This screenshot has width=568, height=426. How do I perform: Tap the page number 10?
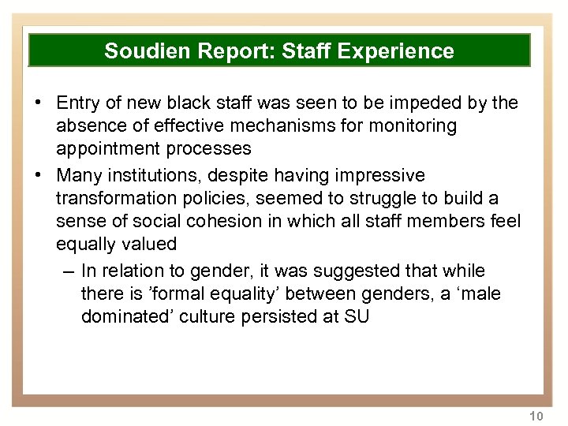pos(536,416)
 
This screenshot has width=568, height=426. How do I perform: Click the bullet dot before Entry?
pos(37,103)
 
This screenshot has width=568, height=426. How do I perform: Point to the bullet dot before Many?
pos(37,175)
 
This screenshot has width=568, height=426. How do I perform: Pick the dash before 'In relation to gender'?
pos(66,271)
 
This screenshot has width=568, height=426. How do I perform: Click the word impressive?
pos(370,174)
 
